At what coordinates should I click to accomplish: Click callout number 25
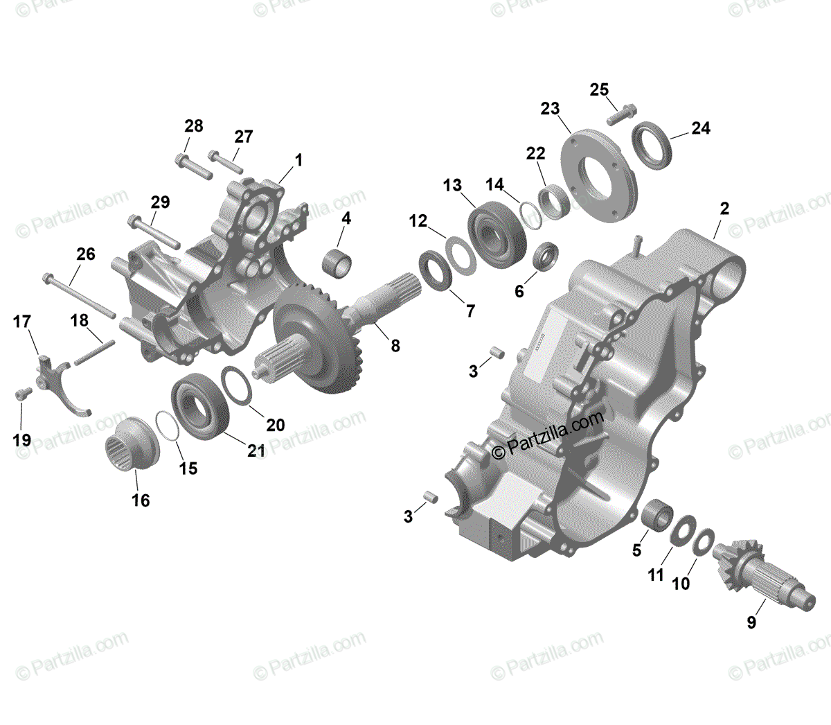pyautogui.click(x=599, y=90)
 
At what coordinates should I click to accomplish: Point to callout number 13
pyautogui.click(x=452, y=186)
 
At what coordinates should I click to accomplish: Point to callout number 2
pyautogui.click(x=724, y=209)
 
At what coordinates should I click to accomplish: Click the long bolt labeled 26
pyautogui.click(x=78, y=293)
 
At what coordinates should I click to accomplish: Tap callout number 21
pyautogui.click(x=257, y=451)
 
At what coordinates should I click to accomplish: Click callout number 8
pyautogui.click(x=395, y=346)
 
